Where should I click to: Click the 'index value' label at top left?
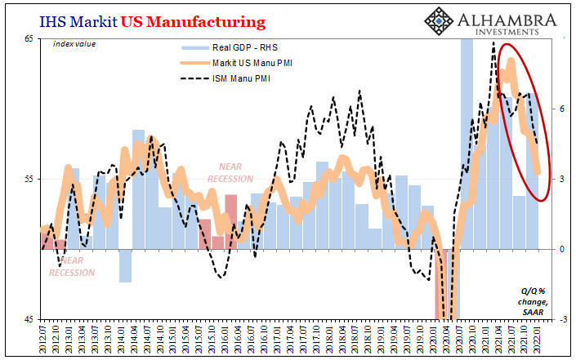coord(74,44)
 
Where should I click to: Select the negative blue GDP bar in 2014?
coord(125,265)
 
